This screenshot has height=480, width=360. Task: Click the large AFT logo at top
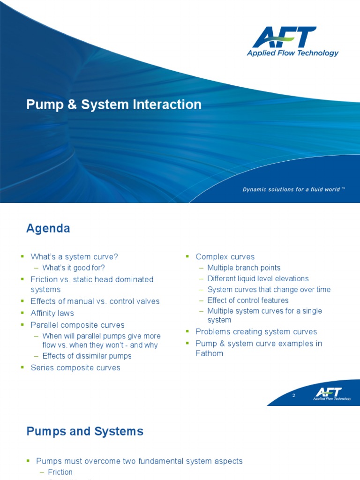pyautogui.click(x=292, y=41)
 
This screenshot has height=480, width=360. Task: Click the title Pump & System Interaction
pyautogui.click(x=114, y=104)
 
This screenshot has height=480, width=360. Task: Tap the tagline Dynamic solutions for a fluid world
pyautogui.click(x=293, y=189)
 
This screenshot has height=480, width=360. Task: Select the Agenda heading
pyautogui.click(x=48, y=228)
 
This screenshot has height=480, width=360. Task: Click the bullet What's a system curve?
pyautogui.click(x=74, y=256)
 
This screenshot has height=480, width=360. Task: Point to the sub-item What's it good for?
pyautogui.click(x=74, y=268)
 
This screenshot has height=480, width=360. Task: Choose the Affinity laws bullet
pyautogui.click(x=52, y=313)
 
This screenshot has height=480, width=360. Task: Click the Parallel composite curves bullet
pyautogui.click(x=77, y=324)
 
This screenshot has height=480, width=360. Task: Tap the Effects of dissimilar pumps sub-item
pyautogui.click(x=87, y=356)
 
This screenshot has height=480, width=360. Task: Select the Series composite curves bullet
pyautogui.click(x=75, y=367)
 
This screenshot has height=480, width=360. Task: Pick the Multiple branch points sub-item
pyautogui.click(x=244, y=268)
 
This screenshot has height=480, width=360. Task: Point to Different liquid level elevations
pyautogui.click(x=258, y=278)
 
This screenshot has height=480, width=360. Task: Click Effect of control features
pyautogui.click(x=247, y=300)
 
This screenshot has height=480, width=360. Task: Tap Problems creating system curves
pyautogui.click(x=256, y=331)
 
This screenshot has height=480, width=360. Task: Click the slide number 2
pyautogui.click(x=293, y=396)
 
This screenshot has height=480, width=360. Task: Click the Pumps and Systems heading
pyautogui.click(x=85, y=431)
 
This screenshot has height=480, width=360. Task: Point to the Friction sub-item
pyautogui.click(x=60, y=472)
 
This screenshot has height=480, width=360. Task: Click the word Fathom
pyautogui.click(x=209, y=353)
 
